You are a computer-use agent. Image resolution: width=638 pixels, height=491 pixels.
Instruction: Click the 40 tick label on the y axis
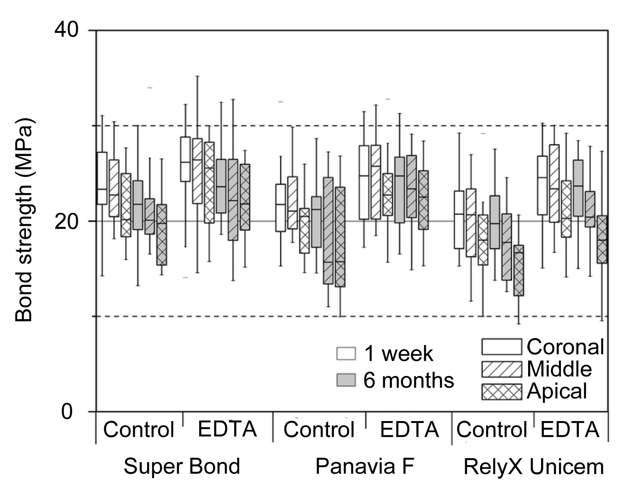[67, 29]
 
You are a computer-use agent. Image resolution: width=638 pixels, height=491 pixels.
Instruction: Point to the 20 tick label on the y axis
[67, 222]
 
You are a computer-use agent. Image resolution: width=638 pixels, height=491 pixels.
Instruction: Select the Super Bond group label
[182, 467]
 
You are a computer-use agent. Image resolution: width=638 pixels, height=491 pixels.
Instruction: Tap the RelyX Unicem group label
[533, 467]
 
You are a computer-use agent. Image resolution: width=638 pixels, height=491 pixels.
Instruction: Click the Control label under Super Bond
[139, 429]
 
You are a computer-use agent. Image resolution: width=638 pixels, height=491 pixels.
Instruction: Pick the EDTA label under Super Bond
[227, 429]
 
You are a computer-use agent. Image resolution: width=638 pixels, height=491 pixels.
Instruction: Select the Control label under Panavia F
[319, 429]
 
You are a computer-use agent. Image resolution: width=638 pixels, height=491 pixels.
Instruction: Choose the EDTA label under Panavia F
[409, 429]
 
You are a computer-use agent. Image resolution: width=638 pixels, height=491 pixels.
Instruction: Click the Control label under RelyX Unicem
[491, 429]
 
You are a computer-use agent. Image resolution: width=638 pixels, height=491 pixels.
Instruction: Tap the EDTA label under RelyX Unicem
[570, 429]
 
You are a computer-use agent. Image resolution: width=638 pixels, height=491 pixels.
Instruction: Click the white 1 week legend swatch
[346, 353]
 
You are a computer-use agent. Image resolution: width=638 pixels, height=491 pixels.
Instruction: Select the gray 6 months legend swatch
[346, 380]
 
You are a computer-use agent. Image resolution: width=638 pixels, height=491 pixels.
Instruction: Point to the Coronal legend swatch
[501, 347]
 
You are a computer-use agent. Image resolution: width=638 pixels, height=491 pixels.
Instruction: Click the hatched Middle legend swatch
[501, 369]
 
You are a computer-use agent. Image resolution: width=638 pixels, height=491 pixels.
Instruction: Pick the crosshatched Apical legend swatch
[501, 392]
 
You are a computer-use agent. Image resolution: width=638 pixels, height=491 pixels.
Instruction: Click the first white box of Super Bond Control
[102, 178]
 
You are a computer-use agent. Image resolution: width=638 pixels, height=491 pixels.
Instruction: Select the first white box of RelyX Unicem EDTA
[542, 185]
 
